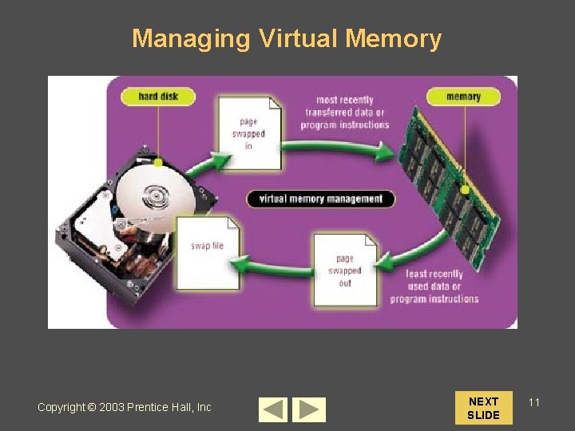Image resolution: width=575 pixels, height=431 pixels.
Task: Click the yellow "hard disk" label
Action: pyautogui.click(x=158, y=97)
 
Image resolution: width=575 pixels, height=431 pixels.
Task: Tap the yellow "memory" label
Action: pyautogui.click(x=463, y=97)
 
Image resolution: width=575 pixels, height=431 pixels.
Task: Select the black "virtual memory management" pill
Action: pyautogui.click(x=320, y=199)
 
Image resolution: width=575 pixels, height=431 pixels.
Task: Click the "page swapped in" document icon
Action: pyautogui.click(x=250, y=133)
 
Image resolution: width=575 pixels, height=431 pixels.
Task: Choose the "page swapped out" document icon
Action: pyautogui.click(x=345, y=270)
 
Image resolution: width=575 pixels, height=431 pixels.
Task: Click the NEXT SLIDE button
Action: pyautogui.click(x=483, y=408)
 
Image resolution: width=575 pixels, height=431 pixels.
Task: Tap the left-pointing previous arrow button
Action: pyautogui.click(x=273, y=409)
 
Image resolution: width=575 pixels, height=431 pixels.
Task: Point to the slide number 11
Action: pyautogui.click(x=534, y=402)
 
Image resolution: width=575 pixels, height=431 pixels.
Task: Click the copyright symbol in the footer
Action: pyautogui.click(x=91, y=407)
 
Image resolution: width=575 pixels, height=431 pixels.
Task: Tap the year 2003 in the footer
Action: pyautogui.click(x=113, y=407)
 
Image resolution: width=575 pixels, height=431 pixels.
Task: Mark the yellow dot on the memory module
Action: pyautogui.click(x=465, y=190)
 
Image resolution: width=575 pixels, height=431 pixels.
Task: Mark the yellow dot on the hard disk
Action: pyautogui.click(x=158, y=163)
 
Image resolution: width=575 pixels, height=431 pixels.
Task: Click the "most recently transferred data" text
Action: pyautogui.click(x=346, y=113)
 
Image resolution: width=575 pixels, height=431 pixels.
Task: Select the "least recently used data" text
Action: pyautogui.click(x=434, y=287)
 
